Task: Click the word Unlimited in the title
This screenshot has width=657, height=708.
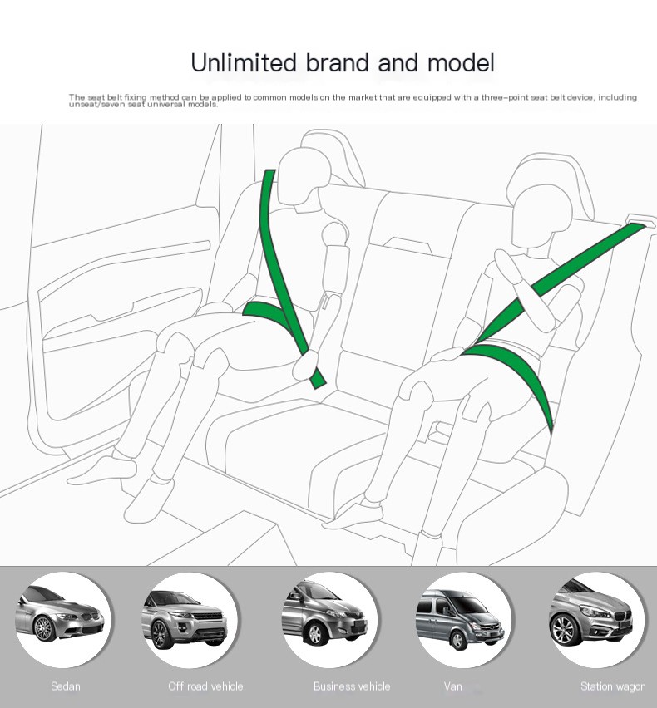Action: coord(243,62)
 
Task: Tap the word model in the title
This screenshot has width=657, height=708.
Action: coord(461,62)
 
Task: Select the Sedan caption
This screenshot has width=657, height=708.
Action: coord(66,686)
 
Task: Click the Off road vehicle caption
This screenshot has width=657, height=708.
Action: coord(205,686)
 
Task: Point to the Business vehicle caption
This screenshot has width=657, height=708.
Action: coord(352,686)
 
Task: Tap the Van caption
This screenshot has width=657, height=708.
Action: coord(452,686)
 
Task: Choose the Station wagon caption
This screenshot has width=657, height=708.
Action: coord(613,686)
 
